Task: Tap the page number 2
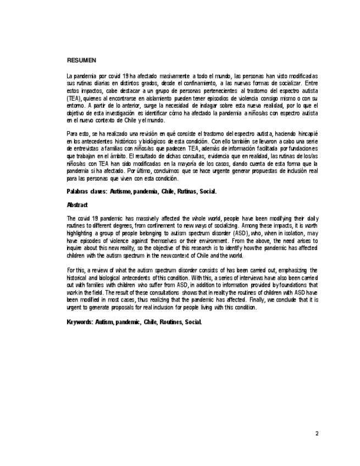point(317,434)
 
